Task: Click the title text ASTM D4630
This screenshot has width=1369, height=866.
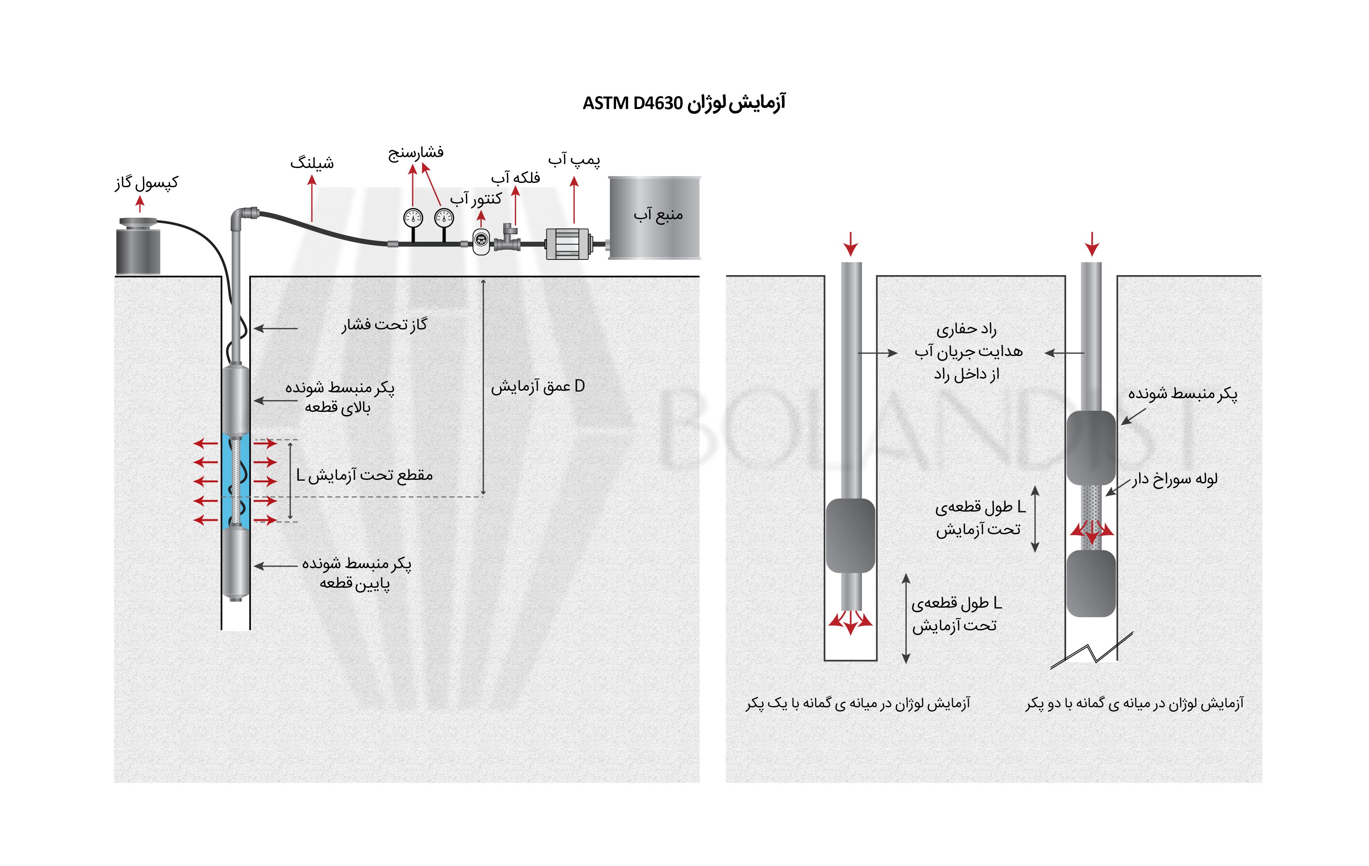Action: point(632,104)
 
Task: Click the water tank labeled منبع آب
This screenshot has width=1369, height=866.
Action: point(654,218)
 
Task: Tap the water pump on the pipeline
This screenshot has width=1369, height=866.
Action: point(568,244)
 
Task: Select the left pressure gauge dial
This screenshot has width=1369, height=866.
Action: point(413,218)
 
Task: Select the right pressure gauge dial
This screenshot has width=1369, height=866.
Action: point(444,218)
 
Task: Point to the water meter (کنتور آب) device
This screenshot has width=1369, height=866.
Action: point(481,242)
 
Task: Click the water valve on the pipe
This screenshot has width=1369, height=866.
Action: point(508,239)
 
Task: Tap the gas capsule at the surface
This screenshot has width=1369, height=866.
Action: point(138,246)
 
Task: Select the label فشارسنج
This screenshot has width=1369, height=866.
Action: point(415,153)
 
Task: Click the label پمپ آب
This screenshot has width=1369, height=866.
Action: point(574,160)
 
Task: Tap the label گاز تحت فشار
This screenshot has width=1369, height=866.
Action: point(384,325)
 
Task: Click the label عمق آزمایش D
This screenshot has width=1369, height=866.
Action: point(538,386)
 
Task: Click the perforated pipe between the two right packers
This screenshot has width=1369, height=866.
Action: point(1092,517)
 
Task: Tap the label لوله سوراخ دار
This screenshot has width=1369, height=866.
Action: point(1174,480)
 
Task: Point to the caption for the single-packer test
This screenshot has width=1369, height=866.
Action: point(858,704)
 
